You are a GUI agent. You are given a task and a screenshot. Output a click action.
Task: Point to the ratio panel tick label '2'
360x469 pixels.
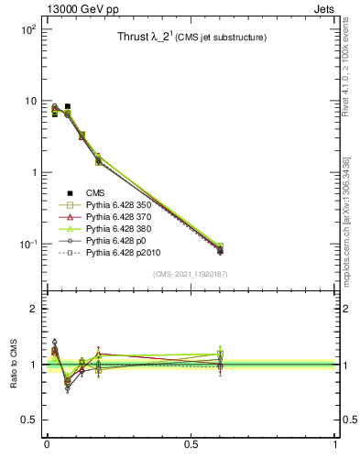(33, 309)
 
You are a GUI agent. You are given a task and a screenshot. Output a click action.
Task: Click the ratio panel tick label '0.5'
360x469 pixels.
(28, 420)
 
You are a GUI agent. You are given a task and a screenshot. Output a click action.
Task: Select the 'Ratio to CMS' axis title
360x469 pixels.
(14, 364)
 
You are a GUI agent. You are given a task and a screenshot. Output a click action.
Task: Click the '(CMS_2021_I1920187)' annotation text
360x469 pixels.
(191, 274)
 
